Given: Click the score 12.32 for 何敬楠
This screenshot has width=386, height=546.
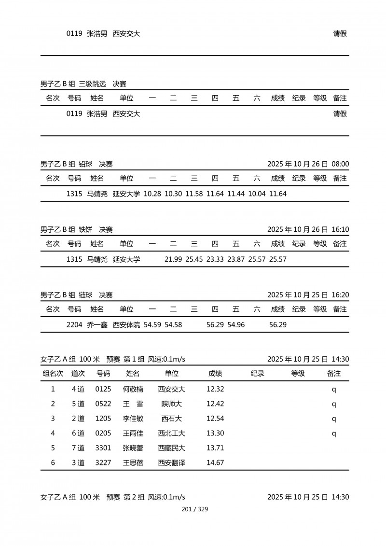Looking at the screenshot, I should point(215,389).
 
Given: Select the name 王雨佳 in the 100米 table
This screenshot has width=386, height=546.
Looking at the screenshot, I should point(133,434).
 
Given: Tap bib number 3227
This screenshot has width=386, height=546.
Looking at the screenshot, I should point(103,463).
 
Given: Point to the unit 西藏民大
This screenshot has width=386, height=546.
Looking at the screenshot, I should point(172,448).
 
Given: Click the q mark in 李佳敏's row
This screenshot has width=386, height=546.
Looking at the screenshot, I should point(333,419).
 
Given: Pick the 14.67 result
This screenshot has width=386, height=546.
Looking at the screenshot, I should point(215,463).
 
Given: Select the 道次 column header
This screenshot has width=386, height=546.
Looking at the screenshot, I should point(78,374).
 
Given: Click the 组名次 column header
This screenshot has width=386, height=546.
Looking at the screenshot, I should point(53,374).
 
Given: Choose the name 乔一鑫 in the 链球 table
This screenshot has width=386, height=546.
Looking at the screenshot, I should point(97,325).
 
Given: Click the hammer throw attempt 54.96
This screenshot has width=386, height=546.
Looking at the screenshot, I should point(236,325).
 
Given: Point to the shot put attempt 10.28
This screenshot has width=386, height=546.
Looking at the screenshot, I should point(152,194).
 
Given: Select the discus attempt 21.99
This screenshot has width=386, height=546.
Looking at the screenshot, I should point(173,259).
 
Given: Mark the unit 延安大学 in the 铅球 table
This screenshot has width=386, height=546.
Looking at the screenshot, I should point(126,194).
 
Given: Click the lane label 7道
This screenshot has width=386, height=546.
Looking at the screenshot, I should point(78,448).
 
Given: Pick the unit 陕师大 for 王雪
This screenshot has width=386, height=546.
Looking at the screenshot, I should point(172,404).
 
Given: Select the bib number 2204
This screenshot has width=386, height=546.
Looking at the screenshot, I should point(74,325).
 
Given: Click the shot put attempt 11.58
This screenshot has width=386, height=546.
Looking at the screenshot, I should point(194,194).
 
